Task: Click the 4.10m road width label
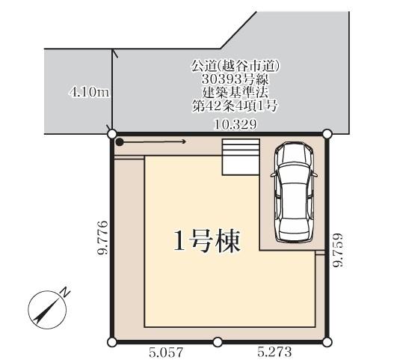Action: coord(89,92)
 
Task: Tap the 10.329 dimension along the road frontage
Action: coord(236,124)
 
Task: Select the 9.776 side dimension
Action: coord(102,237)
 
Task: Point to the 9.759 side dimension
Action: coord(338,250)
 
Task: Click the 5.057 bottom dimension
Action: coord(165,352)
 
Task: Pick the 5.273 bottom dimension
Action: coord(274,352)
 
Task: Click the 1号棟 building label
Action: coord(207,241)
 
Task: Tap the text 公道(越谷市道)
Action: coord(236,67)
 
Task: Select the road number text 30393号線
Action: coord(235,79)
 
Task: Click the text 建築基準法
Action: coord(236,93)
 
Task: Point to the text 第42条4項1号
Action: coord(235,106)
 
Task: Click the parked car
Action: coord(294,192)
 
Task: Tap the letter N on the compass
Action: coord(66,292)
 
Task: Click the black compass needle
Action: coord(45,311)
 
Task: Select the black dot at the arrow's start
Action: coord(120,142)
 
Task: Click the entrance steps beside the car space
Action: coord(241,157)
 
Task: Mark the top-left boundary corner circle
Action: coord(111,134)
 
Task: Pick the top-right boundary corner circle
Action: coord(327,134)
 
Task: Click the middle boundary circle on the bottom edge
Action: coord(218,342)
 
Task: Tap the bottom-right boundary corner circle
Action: coord(327,342)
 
